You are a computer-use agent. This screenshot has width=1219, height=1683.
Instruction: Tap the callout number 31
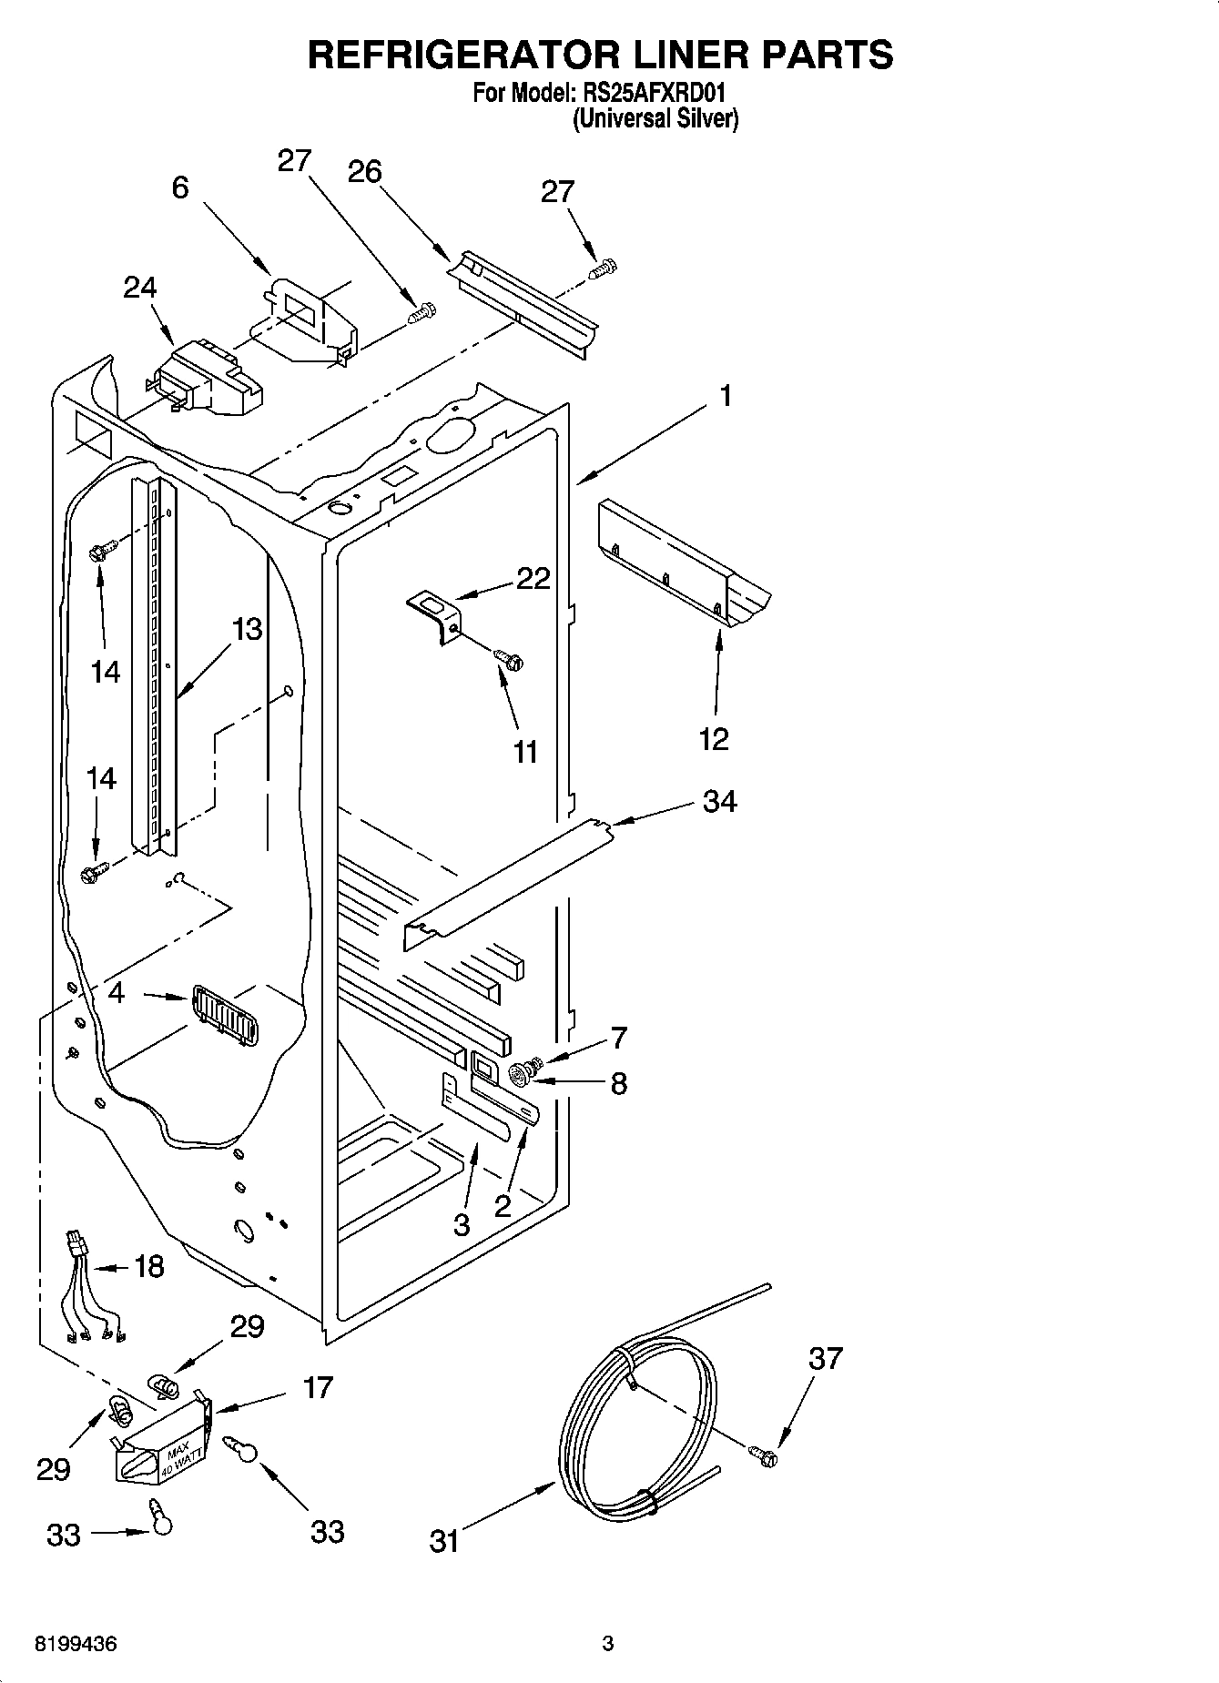tap(443, 1542)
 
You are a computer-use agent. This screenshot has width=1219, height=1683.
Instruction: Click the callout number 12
tap(715, 738)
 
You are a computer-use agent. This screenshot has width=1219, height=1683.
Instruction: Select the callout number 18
tap(149, 1266)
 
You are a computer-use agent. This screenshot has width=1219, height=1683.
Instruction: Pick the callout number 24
tap(140, 287)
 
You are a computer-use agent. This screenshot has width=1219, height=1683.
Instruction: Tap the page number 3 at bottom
tap(608, 1644)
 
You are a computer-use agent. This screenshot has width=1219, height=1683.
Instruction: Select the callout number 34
tap(719, 801)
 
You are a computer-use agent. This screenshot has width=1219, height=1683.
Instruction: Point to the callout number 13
tap(246, 629)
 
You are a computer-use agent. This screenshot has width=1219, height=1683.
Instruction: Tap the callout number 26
tap(365, 171)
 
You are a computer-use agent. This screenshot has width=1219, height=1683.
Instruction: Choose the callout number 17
tap(319, 1387)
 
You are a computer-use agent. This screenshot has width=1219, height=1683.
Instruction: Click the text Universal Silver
tap(655, 119)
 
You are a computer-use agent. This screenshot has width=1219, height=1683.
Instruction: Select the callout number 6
tap(180, 187)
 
